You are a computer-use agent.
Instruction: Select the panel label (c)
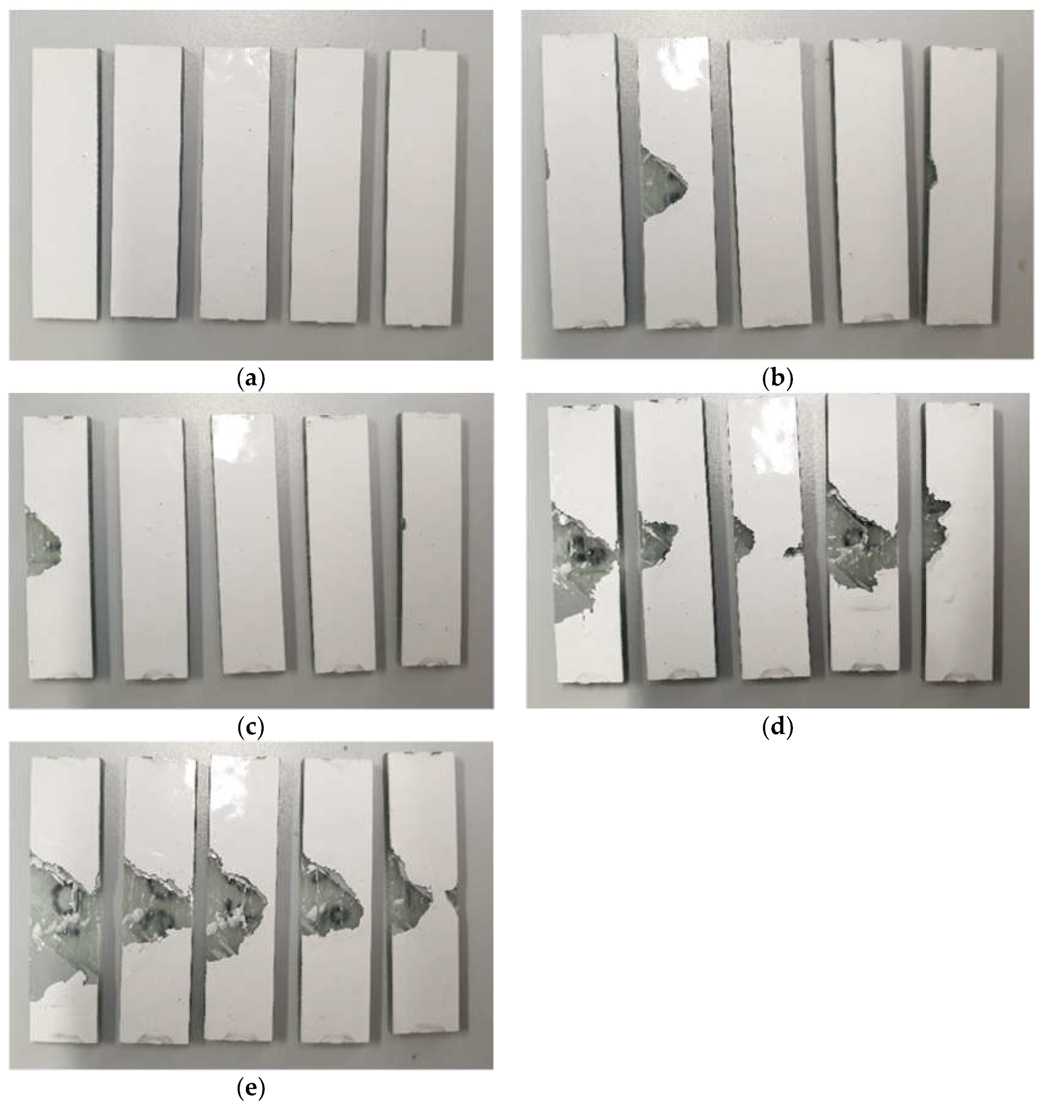(x=250, y=727)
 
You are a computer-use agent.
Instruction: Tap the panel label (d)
(x=777, y=727)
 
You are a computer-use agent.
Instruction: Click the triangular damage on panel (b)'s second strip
(x=662, y=182)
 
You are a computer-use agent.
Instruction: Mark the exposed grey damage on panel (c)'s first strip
(x=42, y=541)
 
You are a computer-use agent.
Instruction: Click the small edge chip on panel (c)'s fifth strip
(x=403, y=524)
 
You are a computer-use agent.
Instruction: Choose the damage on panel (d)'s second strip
(x=658, y=542)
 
